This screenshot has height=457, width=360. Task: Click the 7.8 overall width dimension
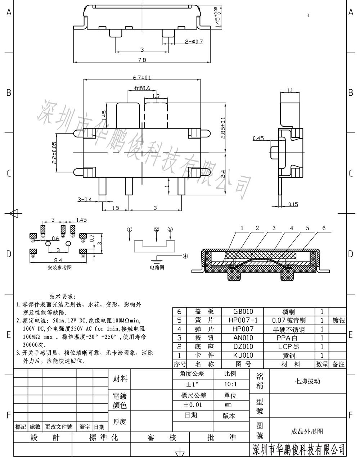[x=142, y=60]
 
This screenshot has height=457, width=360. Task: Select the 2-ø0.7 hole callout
[x=194, y=41]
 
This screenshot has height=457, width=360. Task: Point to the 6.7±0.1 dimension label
[x=142, y=77]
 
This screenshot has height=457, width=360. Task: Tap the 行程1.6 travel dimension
[x=142, y=88]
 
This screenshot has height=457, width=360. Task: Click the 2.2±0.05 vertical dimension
[x=54, y=153]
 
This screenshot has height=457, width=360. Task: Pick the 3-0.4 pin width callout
[x=85, y=199]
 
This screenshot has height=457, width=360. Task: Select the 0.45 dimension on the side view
[x=258, y=138]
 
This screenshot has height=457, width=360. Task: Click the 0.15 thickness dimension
[x=293, y=204]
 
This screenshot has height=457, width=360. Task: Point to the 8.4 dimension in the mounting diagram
[x=58, y=260]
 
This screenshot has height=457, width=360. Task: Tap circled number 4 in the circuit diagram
[x=185, y=256]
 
